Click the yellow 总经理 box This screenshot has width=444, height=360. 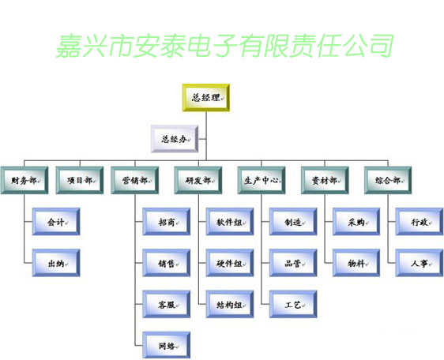[206, 97]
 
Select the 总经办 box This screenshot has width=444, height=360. [175, 139]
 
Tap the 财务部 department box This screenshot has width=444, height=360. [24, 180]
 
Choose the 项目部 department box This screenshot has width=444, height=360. [80, 180]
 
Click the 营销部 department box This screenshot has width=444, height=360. [135, 180]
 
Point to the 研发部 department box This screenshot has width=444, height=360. [198, 180]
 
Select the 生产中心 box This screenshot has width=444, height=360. [262, 180]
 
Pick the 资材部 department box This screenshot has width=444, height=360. [325, 180]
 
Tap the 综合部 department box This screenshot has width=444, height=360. [388, 180]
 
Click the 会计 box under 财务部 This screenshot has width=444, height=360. [56, 222]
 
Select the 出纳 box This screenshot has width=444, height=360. [56, 263]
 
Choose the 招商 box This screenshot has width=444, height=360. [166, 222]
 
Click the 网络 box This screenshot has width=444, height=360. [166, 345]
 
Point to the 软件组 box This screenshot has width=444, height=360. [230, 222]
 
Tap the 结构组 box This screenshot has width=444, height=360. [230, 304]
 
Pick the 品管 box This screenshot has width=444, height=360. [293, 263]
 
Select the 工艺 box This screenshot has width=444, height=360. [293, 304]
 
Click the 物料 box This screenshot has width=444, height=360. [356, 263]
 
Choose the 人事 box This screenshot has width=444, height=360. [420, 263]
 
